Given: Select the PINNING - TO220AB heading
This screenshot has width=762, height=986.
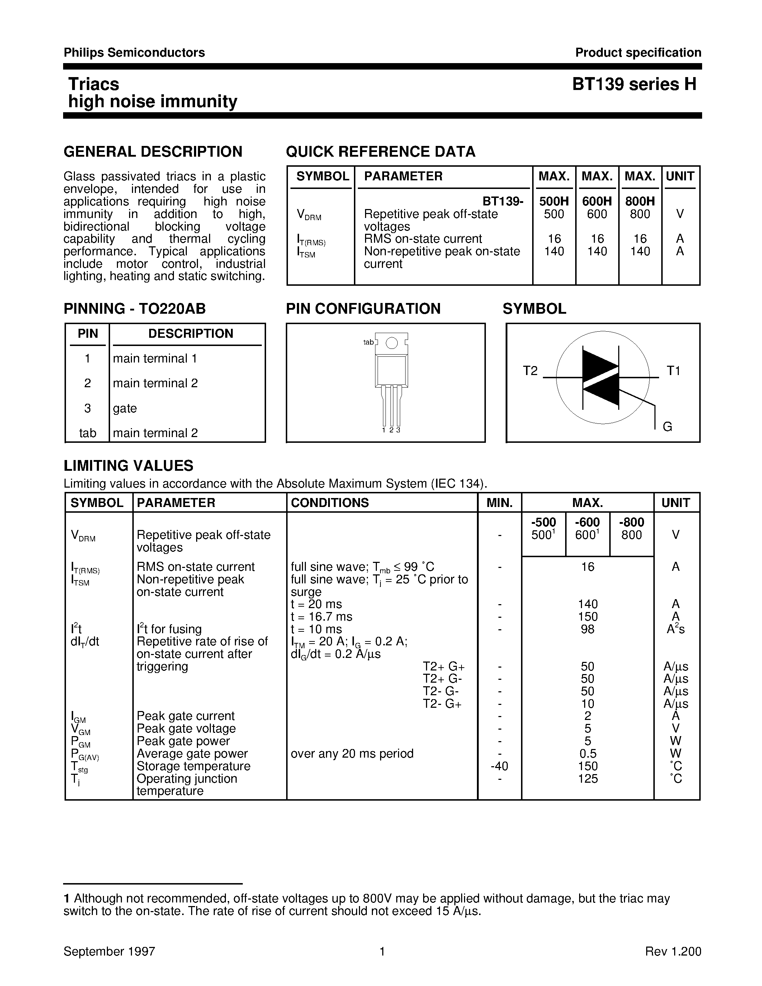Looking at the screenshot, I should click(x=134, y=308).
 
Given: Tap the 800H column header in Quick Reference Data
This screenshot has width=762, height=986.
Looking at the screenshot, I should click(x=640, y=202).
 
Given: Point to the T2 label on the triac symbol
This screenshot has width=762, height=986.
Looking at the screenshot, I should click(x=530, y=371).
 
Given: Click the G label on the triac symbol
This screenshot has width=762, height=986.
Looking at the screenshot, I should click(x=667, y=426).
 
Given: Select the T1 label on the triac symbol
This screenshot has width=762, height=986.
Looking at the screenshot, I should click(x=673, y=371).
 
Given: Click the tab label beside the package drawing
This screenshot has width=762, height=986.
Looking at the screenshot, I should click(x=368, y=342).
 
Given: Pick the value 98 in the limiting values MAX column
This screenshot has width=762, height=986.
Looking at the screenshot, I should click(x=587, y=629).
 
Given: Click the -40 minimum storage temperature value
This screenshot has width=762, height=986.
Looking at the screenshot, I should click(x=499, y=766).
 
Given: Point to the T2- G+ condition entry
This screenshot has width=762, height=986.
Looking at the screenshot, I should click(x=442, y=704).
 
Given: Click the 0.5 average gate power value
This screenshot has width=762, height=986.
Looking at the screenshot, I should click(x=587, y=754).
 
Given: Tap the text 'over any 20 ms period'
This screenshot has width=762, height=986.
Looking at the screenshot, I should click(x=352, y=754).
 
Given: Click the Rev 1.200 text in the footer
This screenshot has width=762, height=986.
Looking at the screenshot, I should click(x=673, y=951).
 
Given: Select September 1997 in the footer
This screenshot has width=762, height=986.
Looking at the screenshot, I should click(x=109, y=951).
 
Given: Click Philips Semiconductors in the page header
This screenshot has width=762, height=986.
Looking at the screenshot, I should click(x=134, y=53).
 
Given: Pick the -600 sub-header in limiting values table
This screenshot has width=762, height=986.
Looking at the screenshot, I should click(x=587, y=522).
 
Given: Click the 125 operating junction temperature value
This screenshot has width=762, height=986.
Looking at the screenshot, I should click(x=587, y=779).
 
